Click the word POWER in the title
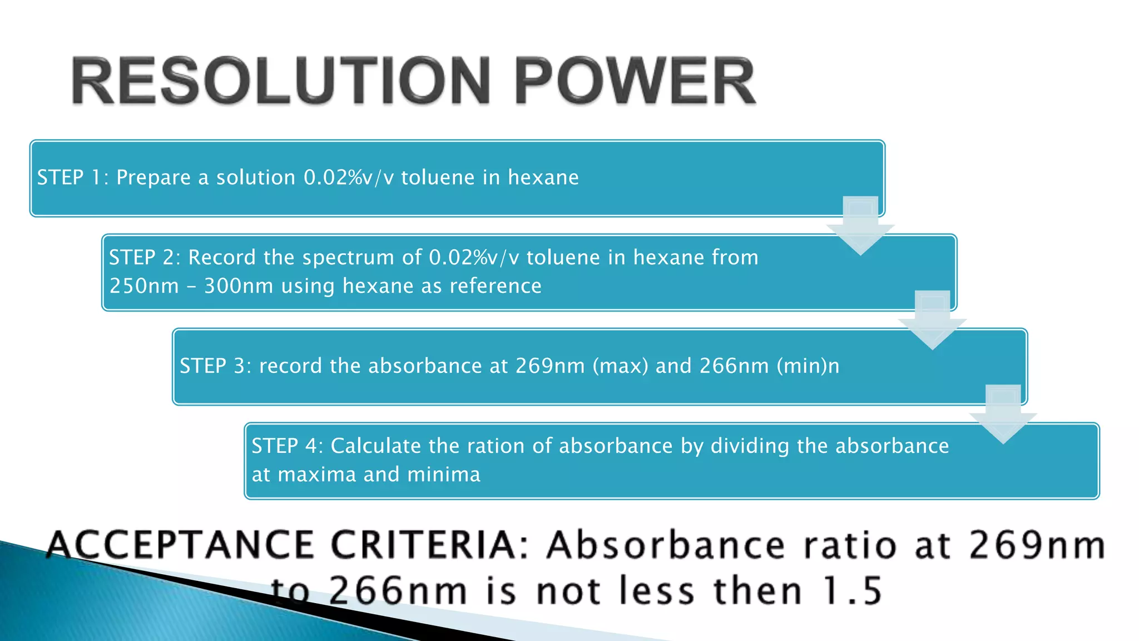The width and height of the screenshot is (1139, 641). click(x=635, y=81)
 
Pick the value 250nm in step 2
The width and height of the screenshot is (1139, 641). click(x=144, y=286)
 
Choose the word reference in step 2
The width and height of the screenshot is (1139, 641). click(x=495, y=286)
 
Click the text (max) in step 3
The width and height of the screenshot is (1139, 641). click(x=621, y=366)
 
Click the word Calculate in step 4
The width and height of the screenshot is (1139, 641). click(x=376, y=446)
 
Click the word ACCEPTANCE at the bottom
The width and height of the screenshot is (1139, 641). click(x=181, y=545)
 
